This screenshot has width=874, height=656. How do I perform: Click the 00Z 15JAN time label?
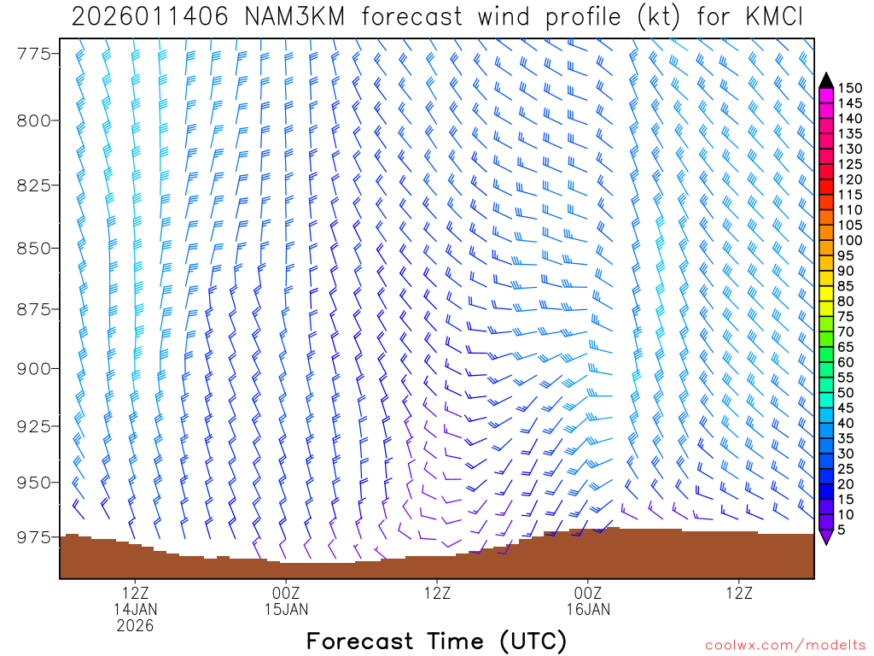(286, 601)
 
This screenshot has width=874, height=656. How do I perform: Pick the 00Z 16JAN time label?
(588, 601)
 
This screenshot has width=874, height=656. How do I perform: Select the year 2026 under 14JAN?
(136, 626)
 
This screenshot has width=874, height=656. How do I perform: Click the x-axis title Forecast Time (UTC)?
(436, 641)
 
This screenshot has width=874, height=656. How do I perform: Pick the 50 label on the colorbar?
(850, 393)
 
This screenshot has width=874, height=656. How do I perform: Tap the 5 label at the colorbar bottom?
(843, 530)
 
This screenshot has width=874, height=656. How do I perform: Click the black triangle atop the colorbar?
(825, 80)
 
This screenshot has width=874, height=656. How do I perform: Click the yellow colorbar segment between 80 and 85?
(825, 294)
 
